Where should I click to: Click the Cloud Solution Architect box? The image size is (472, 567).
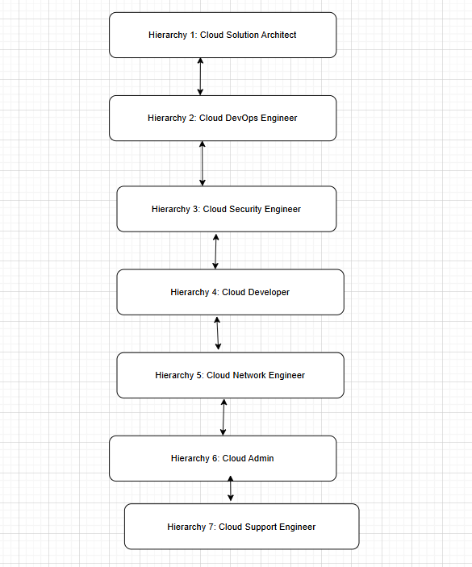[222, 35]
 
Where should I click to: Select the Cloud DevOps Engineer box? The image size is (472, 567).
[222, 118]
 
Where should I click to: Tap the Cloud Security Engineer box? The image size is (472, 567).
[226, 209]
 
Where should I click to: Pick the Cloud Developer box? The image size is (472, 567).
[230, 292]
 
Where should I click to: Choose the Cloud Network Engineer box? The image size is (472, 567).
[230, 375]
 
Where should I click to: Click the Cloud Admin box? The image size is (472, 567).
[222, 458]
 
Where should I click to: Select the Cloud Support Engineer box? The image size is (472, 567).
[241, 527]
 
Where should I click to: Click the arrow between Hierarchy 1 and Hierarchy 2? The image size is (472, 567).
[200, 77]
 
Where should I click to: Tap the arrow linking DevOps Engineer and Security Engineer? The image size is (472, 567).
[203, 164]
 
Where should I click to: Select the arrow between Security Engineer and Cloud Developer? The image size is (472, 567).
[215, 251]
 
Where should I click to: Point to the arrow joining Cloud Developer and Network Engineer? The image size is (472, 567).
[218, 333]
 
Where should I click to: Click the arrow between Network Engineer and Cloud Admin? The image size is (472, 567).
[223, 417]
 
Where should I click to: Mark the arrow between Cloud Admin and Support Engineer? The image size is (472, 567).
[231, 490]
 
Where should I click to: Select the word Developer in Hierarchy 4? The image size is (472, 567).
[269, 292]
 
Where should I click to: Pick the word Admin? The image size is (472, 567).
[261, 458]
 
